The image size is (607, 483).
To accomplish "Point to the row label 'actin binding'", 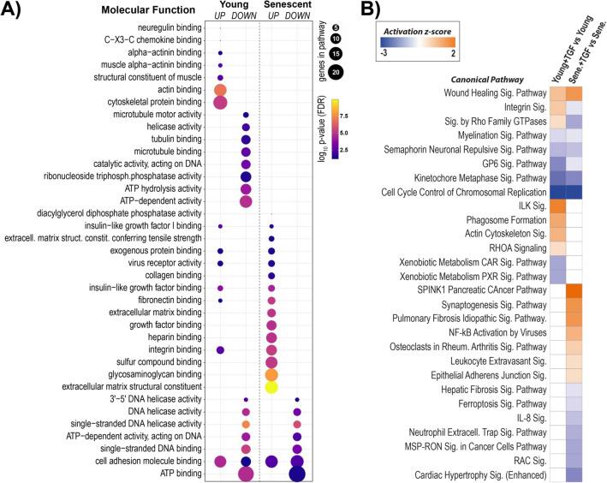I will click(175, 90).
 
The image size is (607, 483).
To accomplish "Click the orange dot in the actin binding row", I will click(220, 90).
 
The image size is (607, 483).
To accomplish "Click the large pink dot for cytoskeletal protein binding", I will click(220, 103).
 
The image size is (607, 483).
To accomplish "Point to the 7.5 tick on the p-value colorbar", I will click(340, 113).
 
